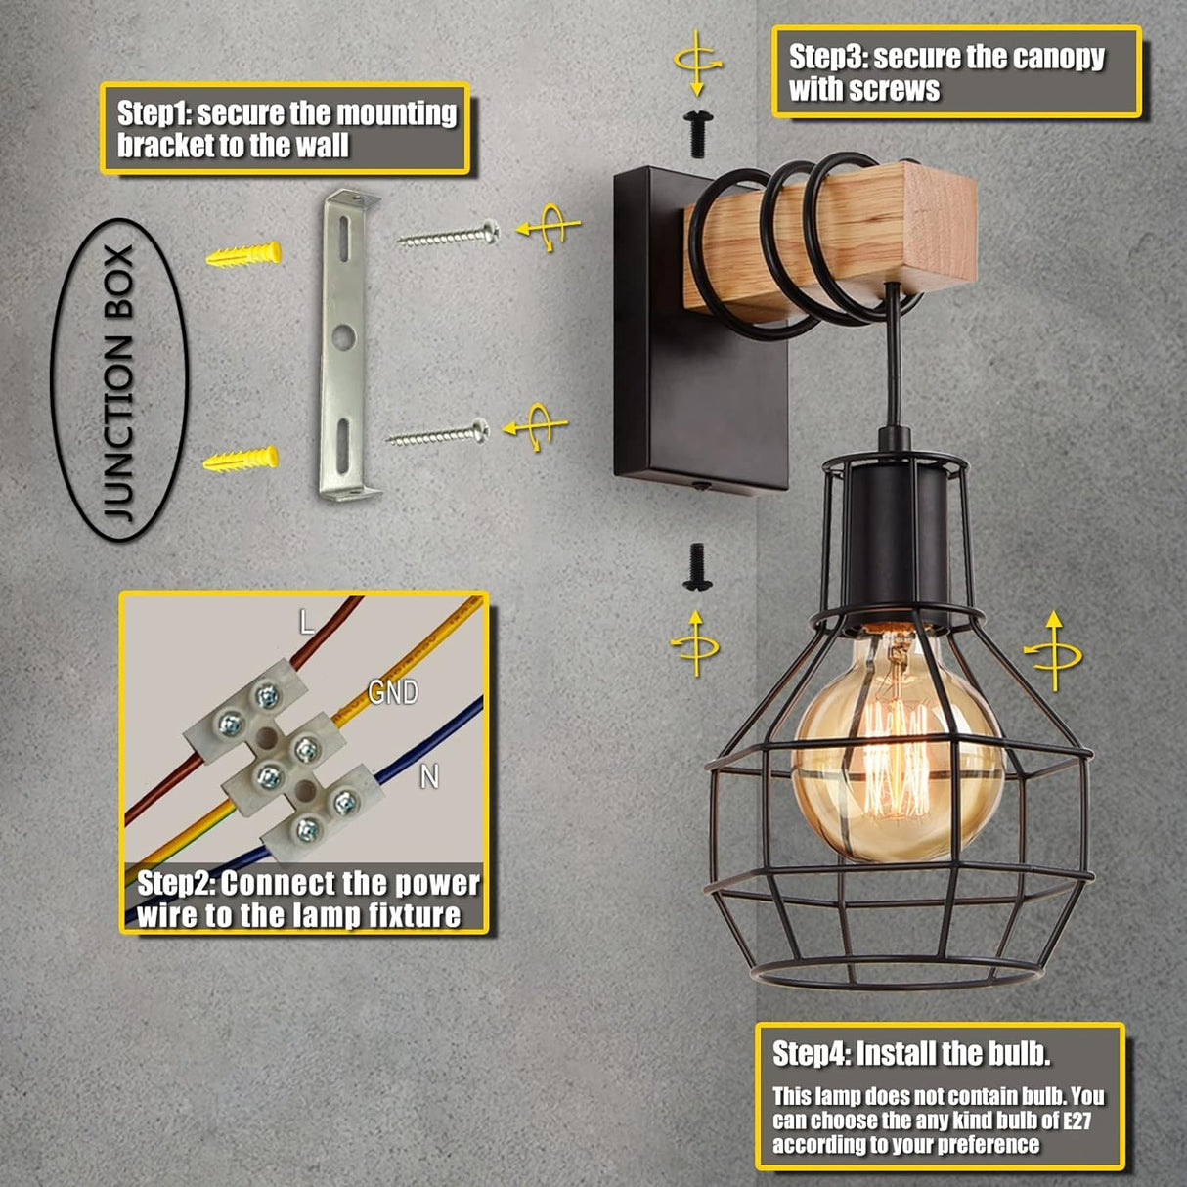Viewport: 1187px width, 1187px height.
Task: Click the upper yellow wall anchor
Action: click(243, 256)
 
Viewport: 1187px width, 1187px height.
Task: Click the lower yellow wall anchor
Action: click(241, 459)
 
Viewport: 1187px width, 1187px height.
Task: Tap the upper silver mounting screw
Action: click(449, 235)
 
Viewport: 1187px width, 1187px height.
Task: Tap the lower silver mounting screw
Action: click(438, 432)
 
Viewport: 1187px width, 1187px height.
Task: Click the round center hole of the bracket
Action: click(341, 338)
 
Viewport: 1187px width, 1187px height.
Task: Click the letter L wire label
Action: click(307, 622)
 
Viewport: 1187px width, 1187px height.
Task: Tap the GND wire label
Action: click(393, 692)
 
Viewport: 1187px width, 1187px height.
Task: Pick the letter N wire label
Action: click(428, 776)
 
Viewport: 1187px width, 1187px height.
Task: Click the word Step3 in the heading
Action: click(825, 57)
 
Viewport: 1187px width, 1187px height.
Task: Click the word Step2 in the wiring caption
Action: click(174, 884)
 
